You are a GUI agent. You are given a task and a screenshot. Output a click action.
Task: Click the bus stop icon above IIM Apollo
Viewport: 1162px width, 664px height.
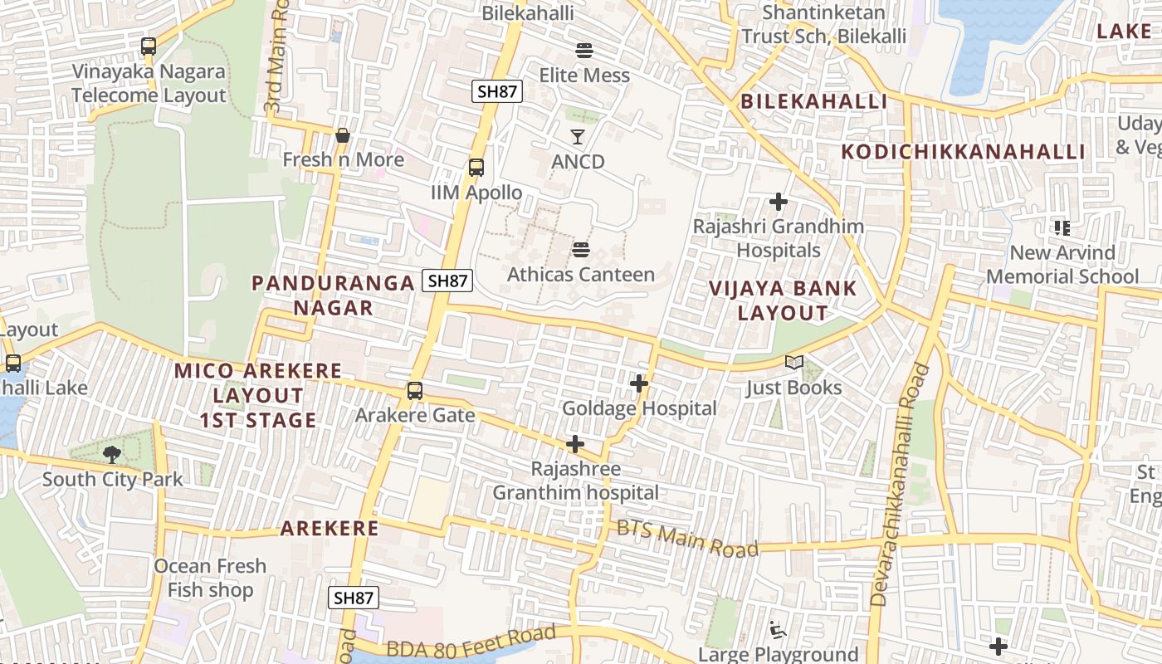(476, 168)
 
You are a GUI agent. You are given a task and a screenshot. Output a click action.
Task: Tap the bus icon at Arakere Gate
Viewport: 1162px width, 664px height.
(414, 390)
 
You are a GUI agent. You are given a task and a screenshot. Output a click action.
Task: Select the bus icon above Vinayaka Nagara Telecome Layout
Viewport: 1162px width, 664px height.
(149, 46)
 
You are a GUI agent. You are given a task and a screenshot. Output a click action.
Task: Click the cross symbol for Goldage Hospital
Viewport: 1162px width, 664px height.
(638, 383)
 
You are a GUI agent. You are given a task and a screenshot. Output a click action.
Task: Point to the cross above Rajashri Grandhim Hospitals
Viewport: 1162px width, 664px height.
(778, 202)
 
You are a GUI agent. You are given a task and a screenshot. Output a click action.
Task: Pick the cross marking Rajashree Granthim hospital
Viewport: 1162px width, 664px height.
(574, 444)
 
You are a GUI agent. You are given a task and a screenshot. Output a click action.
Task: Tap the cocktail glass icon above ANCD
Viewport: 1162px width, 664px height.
(578, 137)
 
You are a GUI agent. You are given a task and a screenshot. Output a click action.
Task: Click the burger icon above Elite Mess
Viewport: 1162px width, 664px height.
(583, 51)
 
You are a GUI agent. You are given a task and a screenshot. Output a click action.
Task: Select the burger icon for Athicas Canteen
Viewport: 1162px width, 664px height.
(580, 250)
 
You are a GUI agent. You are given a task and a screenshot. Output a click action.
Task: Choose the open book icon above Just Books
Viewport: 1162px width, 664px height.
(793, 363)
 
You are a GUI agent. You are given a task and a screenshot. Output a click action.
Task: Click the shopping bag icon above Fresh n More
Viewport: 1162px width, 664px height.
(342, 135)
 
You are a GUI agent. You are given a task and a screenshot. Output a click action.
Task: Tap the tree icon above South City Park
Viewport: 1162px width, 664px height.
(112, 454)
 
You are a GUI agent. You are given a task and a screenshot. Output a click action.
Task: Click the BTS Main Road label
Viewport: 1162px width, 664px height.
(687, 538)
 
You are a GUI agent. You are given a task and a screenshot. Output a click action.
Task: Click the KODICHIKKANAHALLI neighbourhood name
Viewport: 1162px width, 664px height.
(963, 152)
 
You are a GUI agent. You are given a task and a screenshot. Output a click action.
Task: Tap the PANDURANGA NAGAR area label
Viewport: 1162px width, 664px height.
(333, 295)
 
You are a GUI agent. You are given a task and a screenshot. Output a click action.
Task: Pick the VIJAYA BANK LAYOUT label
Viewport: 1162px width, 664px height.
(783, 300)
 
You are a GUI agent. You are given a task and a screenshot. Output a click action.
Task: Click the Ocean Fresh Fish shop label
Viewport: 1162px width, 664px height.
(210, 578)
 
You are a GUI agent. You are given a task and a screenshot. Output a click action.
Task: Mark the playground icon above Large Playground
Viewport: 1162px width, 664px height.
(778, 630)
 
